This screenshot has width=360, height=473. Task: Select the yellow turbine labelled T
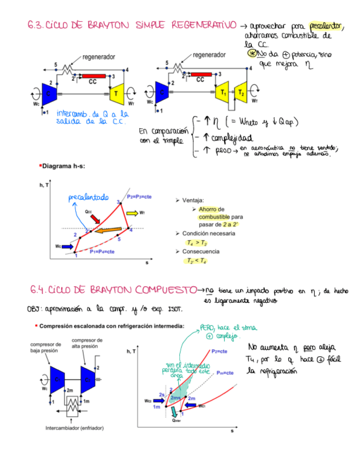point(118,92)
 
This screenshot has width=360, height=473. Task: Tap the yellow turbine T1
point(223,92)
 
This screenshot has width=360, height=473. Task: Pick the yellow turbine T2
point(241,92)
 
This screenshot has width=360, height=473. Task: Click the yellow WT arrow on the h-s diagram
point(132,213)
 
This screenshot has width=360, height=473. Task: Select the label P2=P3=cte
point(139,197)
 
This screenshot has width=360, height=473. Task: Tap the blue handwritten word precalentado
point(89,197)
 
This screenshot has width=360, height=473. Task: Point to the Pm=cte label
point(222,372)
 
